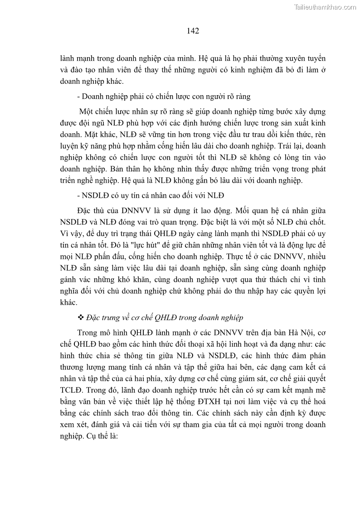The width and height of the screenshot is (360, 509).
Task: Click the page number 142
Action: click(x=193, y=31)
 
